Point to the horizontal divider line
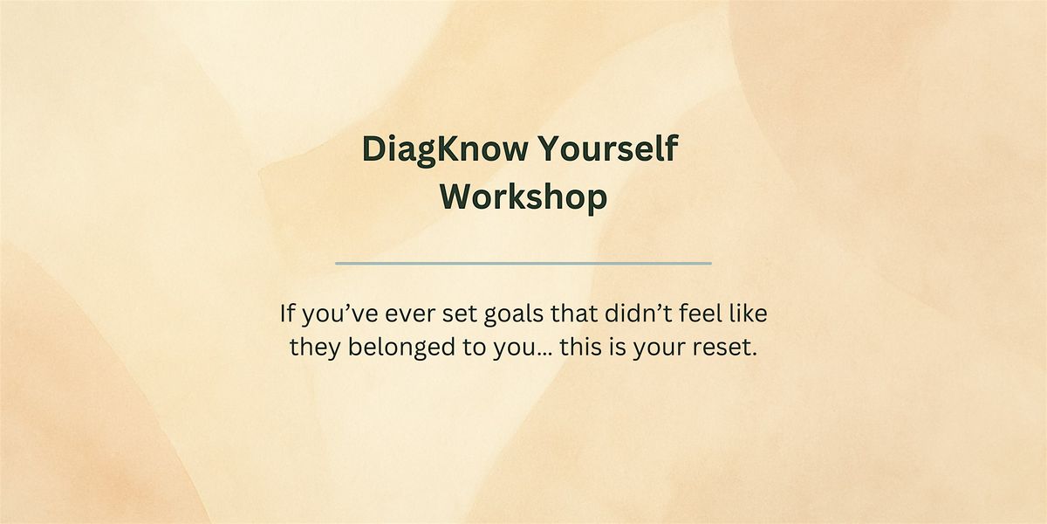point(523,262)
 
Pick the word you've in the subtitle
point(334,312)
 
